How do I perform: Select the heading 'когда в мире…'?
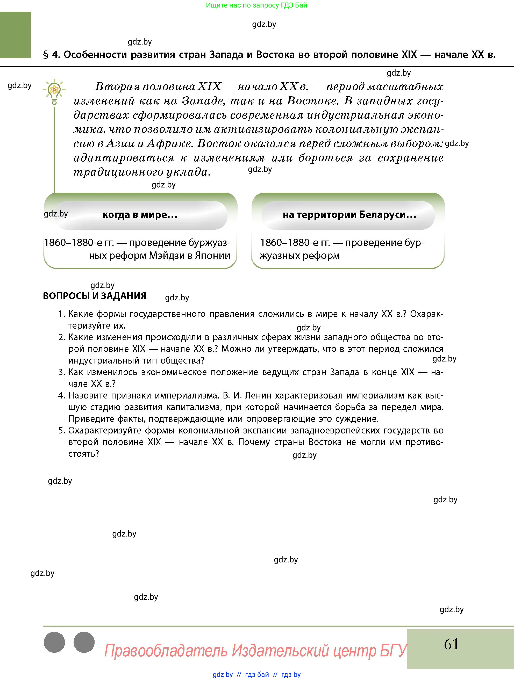(x=140, y=215)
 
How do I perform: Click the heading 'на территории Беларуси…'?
(x=349, y=215)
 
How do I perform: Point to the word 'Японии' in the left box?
(x=213, y=256)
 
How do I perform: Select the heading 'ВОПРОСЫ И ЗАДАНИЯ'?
(x=95, y=296)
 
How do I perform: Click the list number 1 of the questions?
(x=61, y=314)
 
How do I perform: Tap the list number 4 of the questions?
(x=61, y=395)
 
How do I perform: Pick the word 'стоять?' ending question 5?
(x=83, y=453)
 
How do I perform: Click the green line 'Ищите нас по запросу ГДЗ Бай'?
(x=256, y=5)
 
